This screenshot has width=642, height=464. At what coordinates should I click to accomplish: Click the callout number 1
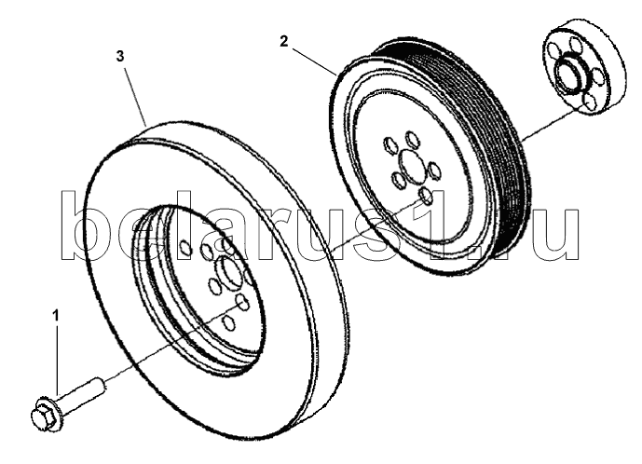tap(56, 316)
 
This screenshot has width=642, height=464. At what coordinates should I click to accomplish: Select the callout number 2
tap(284, 42)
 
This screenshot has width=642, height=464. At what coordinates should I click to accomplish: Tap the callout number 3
tap(120, 57)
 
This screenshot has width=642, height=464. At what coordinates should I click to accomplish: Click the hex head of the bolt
tap(40, 417)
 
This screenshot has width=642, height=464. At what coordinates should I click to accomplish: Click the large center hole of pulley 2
tap(411, 165)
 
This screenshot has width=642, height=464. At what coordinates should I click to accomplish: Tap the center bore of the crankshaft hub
tap(570, 73)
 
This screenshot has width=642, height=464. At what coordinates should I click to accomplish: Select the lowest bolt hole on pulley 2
tap(426, 196)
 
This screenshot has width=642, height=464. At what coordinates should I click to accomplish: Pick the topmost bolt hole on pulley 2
tap(411, 139)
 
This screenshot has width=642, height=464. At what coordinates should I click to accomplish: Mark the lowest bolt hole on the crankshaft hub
tap(589, 102)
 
